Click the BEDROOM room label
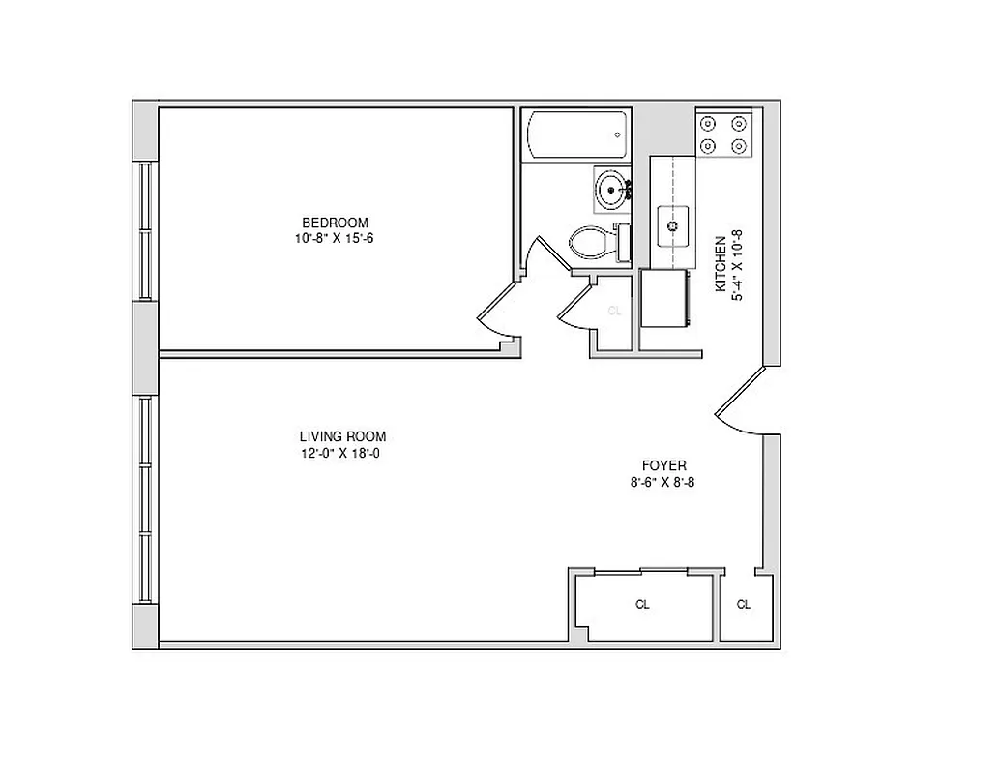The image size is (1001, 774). coord(335,223)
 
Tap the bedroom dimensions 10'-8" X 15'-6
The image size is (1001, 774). coord(335,238)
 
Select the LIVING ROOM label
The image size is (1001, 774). coord(342,436)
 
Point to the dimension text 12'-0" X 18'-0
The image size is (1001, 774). coord(342,452)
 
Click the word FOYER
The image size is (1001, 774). coord(662,465)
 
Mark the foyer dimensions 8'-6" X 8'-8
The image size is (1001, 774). coord(662,481)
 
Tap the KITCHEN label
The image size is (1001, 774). coord(721,264)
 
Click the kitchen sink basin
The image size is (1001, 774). coord(672,226)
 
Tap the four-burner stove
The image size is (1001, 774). coord(723,134)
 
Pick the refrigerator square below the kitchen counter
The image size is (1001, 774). coord(663,298)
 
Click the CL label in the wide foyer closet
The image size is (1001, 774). coord(642,605)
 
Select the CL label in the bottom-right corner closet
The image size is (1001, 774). coord(743,605)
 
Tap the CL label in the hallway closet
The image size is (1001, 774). coord(613,311)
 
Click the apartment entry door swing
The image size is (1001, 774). coord(740,399)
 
